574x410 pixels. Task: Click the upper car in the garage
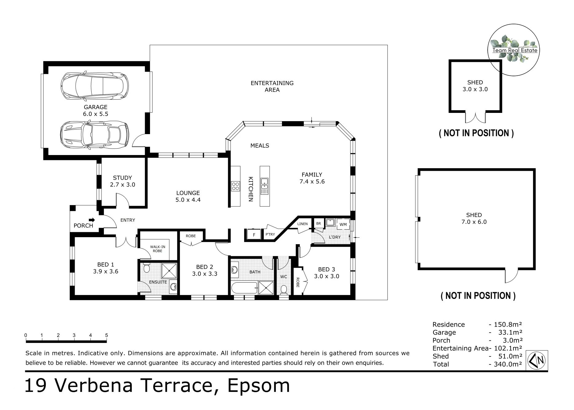click(95, 86)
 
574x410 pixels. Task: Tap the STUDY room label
click(122, 178)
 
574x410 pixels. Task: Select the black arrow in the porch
click(92, 220)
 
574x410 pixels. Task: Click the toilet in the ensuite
click(146, 268)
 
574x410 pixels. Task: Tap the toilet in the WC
click(284, 289)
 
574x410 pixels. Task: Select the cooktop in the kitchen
click(236, 186)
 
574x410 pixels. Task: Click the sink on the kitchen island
click(264, 186)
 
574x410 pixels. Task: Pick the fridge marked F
click(254, 235)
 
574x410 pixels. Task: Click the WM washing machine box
click(343, 225)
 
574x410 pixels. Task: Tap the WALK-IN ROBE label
click(158, 249)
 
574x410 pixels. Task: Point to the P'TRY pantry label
click(270, 234)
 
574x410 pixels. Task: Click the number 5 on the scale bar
click(106, 335)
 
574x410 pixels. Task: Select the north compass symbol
click(537, 360)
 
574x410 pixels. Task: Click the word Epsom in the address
click(258, 386)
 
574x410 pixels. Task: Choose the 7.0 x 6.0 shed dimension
click(474, 222)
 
